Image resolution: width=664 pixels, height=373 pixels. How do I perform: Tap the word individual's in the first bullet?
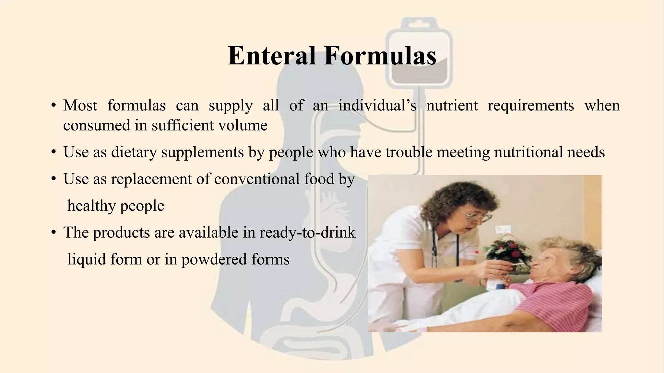click(x=377, y=106)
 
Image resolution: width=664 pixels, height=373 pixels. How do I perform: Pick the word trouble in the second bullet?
click(x=409, y=152)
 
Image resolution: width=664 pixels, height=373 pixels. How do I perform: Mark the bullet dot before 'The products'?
click(x=54, y=233)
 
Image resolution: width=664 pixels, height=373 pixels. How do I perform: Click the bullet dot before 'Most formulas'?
click(x=54, y=106)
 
